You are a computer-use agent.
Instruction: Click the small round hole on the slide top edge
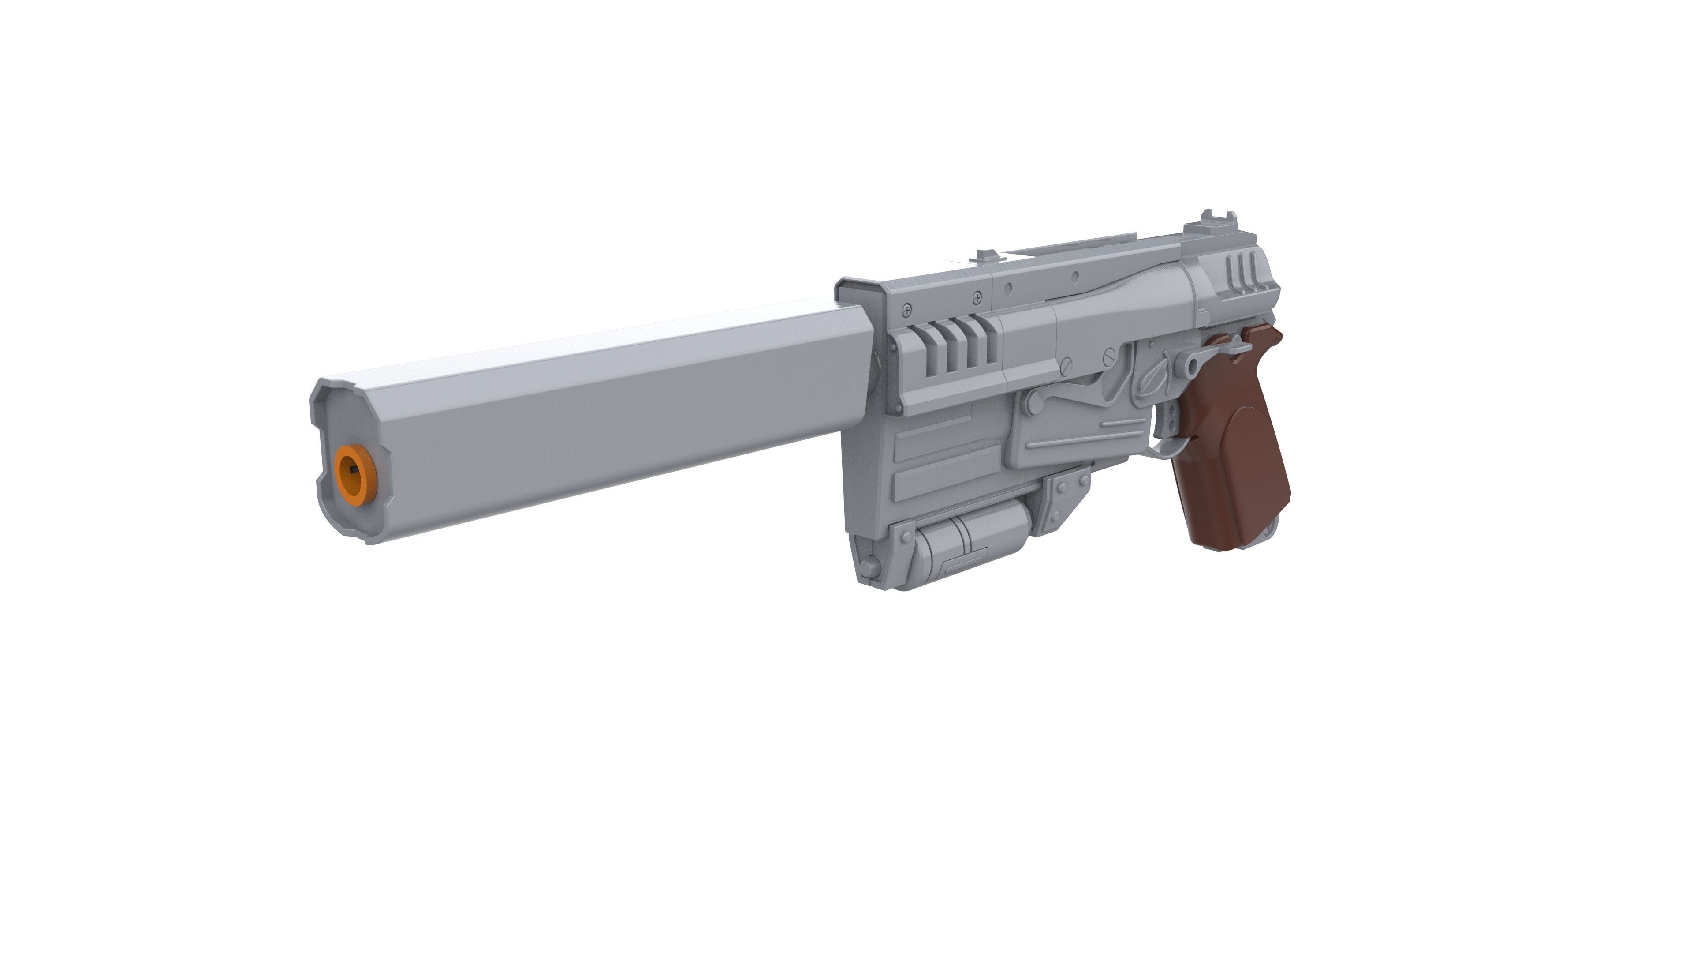point(1075,278)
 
